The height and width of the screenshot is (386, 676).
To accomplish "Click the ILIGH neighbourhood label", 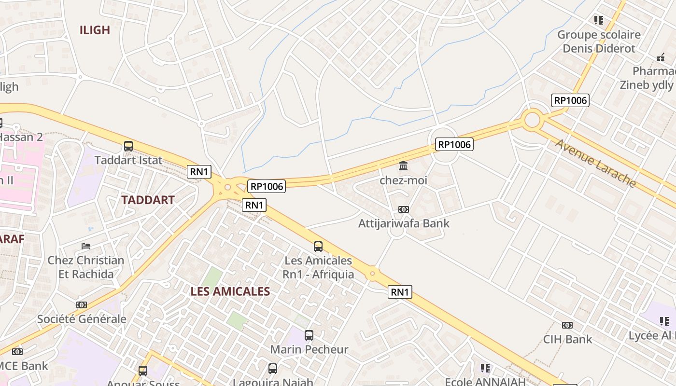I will (95, 30).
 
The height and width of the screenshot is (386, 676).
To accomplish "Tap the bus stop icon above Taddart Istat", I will (128, 146).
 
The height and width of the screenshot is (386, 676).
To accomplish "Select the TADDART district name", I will (148, 200).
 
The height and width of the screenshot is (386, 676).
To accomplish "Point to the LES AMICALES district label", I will (230, 291).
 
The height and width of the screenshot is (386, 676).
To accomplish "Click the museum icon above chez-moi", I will (403, 166).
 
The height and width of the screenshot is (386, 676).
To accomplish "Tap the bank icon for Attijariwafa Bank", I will (403, 209).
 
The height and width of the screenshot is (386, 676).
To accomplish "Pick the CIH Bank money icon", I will (567, 325).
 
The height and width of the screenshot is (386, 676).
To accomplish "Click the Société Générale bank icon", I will (82, 305).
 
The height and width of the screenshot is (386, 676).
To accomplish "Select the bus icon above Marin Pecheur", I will (309, 335).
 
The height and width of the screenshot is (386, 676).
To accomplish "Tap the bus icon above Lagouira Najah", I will (273, 369).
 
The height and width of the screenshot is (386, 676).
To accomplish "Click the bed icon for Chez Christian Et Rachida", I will (86, 246).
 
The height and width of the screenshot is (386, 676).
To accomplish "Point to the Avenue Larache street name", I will (595, 163).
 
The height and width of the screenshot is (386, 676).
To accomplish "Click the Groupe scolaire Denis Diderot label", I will (599, 41).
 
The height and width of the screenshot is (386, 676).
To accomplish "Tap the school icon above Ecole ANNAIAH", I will (485, 368).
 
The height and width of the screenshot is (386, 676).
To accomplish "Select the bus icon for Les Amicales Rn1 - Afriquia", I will (318, 246).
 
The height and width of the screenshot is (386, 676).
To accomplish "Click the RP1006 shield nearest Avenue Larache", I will (570, 100).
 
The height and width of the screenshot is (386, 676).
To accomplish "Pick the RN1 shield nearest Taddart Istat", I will (199, 171).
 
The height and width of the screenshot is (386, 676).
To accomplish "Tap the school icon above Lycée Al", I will (664, 321).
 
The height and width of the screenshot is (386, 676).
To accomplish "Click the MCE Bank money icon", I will (17, 352).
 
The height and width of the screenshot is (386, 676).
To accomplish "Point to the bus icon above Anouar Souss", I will (143, 371).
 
